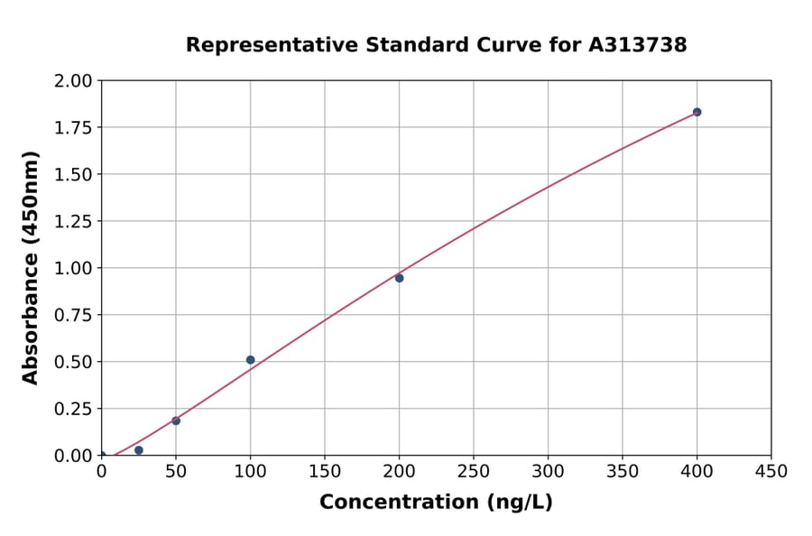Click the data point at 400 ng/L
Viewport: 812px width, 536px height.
pos(697,112)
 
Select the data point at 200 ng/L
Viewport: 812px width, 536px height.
pos(399,278)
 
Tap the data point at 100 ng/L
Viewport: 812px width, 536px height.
pos(250,360)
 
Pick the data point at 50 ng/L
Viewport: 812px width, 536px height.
pos(176,420)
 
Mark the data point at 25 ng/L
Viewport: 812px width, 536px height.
pos(138,450)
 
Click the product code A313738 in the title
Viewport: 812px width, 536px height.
pos(640,44)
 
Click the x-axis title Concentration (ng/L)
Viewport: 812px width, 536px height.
pos(436,502)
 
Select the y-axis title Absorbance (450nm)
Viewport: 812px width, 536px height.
pos(31,268)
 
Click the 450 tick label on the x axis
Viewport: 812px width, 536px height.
pos(771,471)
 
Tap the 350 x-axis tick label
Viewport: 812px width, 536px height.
pos(623,471)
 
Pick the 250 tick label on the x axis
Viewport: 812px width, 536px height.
pos(474,471)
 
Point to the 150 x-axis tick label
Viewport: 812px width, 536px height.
pos(325,471)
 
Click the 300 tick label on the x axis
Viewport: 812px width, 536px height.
pos(548,471)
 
